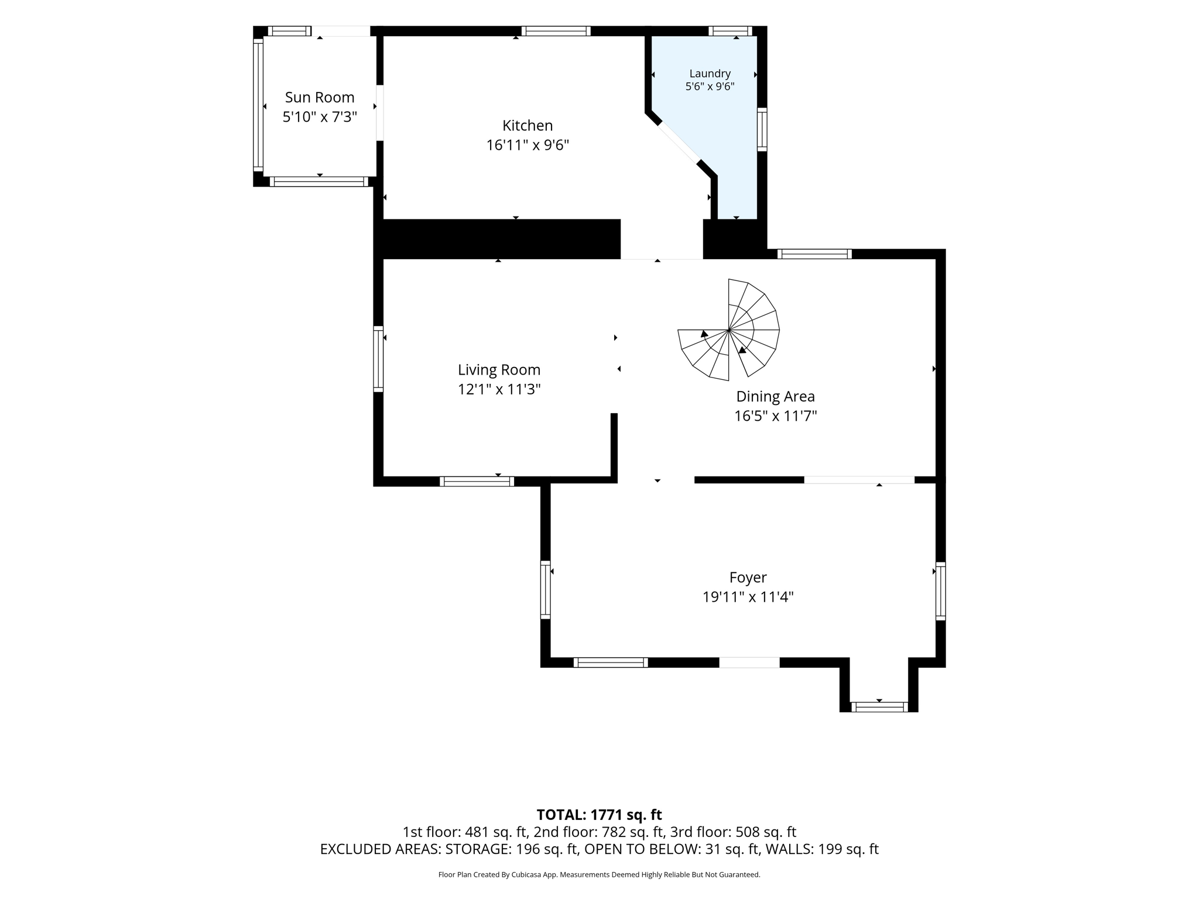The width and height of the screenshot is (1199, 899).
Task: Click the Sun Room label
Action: coord(320,97)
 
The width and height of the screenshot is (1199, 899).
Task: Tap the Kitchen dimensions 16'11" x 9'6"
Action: coord(527,145)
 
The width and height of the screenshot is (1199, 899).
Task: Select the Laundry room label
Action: coord(710,74)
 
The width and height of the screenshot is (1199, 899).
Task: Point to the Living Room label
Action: coord(499,370)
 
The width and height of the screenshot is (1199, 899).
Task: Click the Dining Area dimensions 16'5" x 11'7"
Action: coord(775,416)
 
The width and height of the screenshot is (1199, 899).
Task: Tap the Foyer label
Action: coord(748,578)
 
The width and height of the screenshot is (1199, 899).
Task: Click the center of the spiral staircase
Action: coord(728,330)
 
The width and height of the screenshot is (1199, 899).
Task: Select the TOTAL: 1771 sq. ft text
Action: coord(599,815)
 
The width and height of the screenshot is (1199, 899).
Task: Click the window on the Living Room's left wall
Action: coord(378,359)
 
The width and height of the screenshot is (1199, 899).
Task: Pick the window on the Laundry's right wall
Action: coord(762,129)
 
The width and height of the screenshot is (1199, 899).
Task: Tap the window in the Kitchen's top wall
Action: coord(556,31)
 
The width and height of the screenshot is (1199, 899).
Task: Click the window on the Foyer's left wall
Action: coord(545,589)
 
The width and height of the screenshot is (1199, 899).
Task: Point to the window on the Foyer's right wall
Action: coord(940,591)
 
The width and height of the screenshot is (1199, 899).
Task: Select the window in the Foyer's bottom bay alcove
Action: coord(879,707)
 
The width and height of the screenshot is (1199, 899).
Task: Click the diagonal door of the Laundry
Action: coord(678,142)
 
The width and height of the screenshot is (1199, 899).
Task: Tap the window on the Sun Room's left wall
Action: coord(258,105)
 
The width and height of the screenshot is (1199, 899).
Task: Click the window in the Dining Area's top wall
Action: coord(814,254)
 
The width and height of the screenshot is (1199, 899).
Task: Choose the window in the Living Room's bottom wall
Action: coord(477,482)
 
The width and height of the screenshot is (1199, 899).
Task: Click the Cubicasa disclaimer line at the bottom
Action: coord(599,875)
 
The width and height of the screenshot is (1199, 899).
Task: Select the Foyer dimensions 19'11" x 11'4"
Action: coord(748,597)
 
